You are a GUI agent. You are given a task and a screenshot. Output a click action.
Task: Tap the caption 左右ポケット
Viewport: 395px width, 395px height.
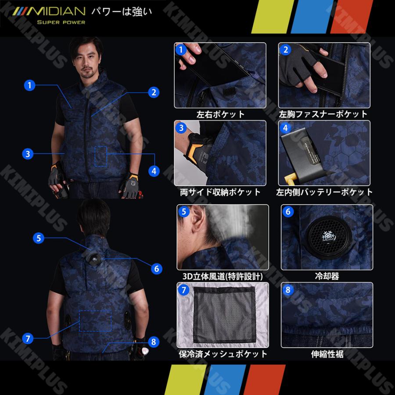click(x=220, y=115)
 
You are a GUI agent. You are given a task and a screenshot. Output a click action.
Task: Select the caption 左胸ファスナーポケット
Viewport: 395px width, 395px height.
click(x=323, y=115)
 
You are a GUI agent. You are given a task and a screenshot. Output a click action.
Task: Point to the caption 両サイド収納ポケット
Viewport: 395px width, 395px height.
click(x=220, y=192)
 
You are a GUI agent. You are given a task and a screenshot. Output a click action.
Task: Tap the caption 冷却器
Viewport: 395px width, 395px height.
click(x=327, y=276)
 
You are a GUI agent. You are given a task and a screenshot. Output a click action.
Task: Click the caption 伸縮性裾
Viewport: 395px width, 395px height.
click(x=327, y=354)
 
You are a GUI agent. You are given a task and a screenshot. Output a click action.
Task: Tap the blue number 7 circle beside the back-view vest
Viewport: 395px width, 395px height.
click(x=28, y=338)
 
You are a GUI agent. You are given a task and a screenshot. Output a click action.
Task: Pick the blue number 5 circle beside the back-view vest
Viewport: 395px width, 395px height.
click(x=39, y=238)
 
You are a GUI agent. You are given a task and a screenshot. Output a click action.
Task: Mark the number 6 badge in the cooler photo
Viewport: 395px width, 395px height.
click(x=288, y=212)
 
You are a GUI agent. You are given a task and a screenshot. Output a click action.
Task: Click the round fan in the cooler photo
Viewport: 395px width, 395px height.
click(x=327, y=238)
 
